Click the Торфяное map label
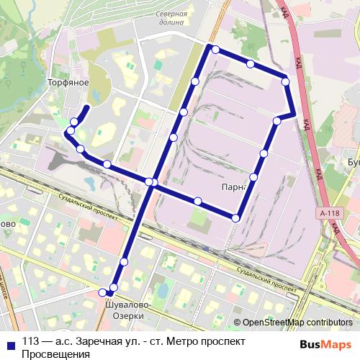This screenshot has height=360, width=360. pos(68,83)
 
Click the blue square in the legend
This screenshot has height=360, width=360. pos(9,341)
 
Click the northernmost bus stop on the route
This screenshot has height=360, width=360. pos(214,49)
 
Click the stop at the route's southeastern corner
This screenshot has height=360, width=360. pos(235,217)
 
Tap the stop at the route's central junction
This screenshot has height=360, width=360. pos(149,181)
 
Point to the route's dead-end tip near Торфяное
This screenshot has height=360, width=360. pos(87,107)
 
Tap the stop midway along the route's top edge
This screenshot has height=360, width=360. pos(250,64)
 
